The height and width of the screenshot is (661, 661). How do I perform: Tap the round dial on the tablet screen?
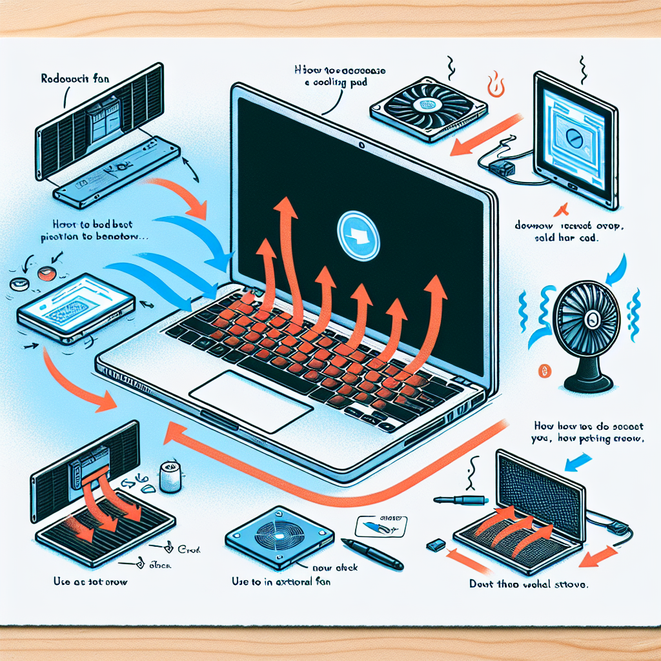coord(571,137)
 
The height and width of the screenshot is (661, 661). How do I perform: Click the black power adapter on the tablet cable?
coord(501,170)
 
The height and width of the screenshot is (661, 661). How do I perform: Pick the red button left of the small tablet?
coord(45,274)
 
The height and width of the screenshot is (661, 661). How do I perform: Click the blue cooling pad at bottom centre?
coord(280,534)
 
